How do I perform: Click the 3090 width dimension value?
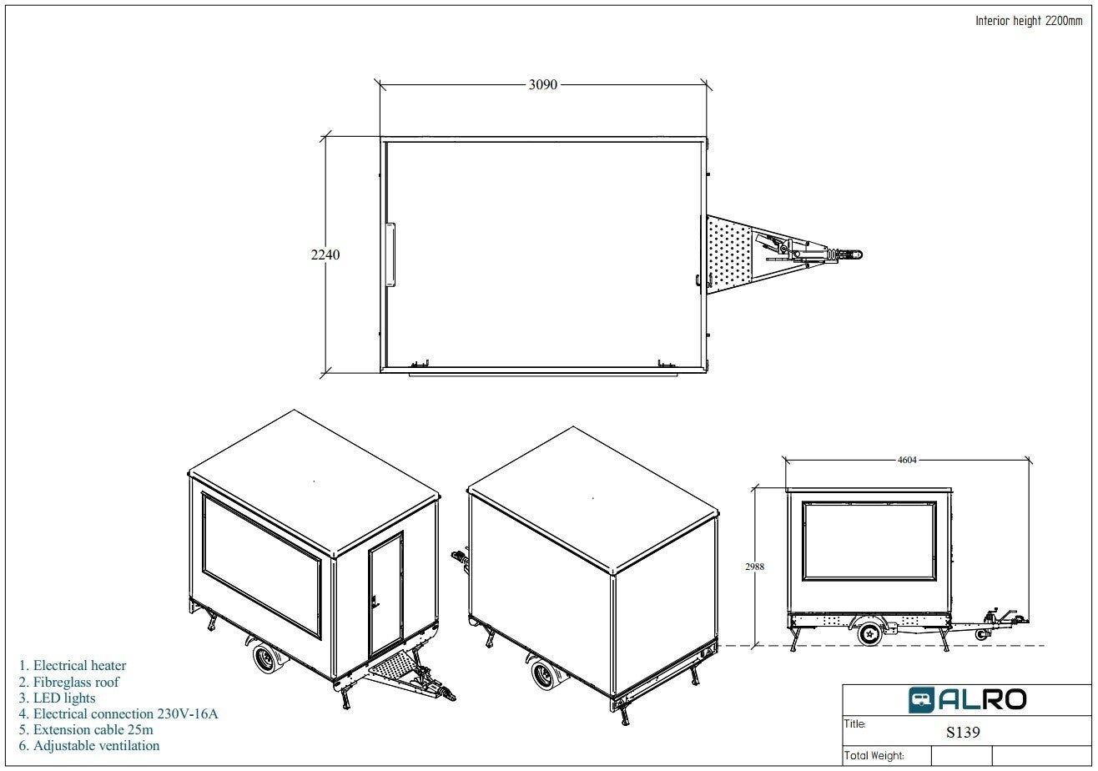point(542,85)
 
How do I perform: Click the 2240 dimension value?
point(325,254)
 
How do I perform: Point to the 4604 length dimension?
point(907,460)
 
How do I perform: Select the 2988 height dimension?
point(755,567)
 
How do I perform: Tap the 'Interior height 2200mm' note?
point(1029,21)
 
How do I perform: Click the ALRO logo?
point(967,699)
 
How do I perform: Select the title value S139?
point(963,732)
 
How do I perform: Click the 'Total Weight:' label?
point(874,756)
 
